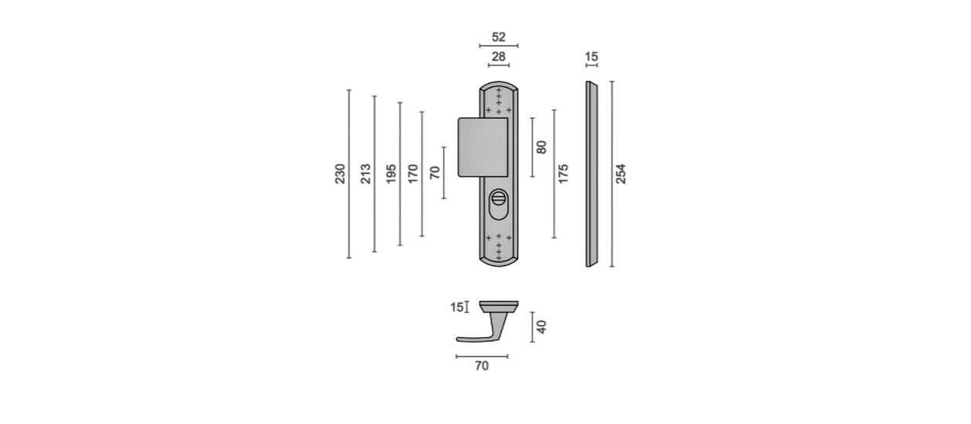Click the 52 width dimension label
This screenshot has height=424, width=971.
coord(499,37)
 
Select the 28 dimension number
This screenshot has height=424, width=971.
coord(499,56)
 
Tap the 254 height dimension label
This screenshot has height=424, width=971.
coord(621,173)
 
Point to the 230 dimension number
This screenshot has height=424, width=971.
coord(340,173)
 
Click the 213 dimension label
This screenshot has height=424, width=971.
coord(366,173)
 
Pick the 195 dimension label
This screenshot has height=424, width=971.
coord(391,173)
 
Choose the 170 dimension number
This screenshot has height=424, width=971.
coord(413,173)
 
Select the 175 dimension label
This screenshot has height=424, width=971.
coord(563,173)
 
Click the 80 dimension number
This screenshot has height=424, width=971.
coord(541,147)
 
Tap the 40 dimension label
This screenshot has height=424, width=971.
coord(541,327)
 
